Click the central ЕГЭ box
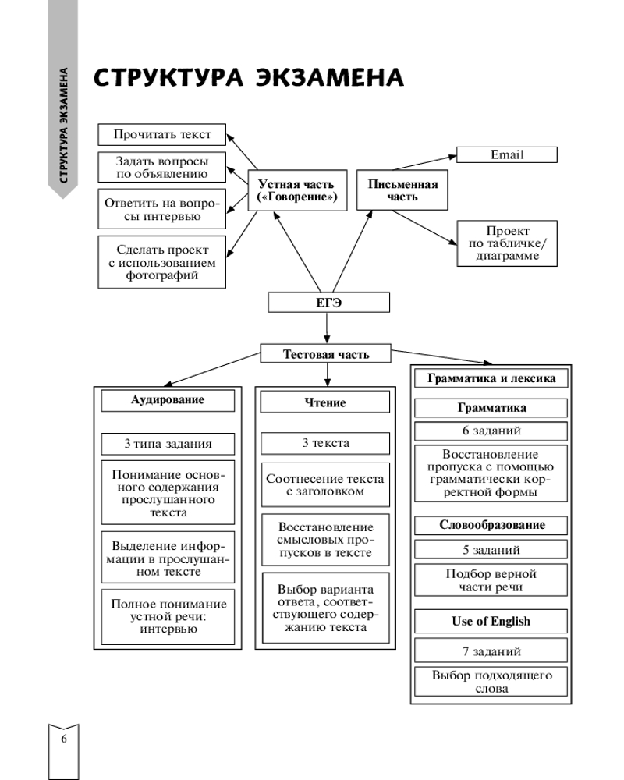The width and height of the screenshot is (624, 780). pos(328,302)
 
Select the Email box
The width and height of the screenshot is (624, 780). pos(507,154)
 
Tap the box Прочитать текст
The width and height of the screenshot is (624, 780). pos(162,134)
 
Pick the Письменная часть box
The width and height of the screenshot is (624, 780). pos(402,190)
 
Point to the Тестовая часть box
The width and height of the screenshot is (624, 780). pos(326,354)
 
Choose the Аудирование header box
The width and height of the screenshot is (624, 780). pos(167,400)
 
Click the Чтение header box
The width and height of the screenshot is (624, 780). pos(325,402)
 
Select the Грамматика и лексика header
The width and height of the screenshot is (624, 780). pos(491,378)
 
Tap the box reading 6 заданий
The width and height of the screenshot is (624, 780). pos(491,431)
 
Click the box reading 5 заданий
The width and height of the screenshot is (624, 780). pos(491,549)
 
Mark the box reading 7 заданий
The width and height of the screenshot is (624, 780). pos(491,651)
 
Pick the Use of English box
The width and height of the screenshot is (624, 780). pos(491,621)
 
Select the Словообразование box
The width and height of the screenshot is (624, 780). pos(491,524)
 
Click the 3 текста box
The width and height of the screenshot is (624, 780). pos(325,443)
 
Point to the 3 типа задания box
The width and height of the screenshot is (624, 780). pos(167,444)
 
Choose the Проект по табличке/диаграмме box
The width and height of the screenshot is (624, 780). pos(507,243)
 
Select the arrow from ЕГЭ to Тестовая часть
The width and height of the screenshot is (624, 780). pos(328,328)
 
